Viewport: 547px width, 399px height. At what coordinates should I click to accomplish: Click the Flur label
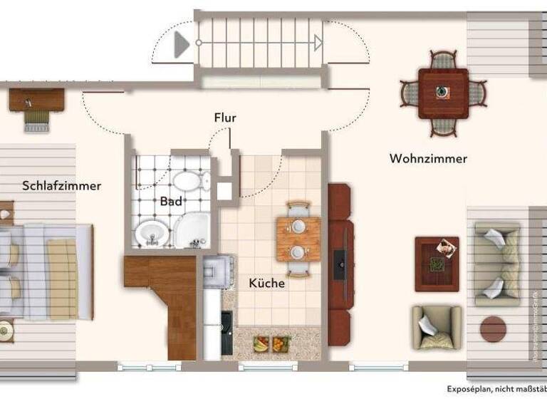click(225, 118)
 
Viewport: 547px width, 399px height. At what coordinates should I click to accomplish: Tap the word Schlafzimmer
click(61, 186)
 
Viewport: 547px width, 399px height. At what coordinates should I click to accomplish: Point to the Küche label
click(267, 283)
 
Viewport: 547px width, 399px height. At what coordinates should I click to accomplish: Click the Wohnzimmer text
click(428, 159)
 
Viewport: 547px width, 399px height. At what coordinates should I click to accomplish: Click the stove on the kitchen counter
click(217, 270)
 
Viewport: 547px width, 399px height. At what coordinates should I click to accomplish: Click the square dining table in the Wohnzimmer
click(442, 93)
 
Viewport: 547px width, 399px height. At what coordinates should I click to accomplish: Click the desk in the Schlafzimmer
click(32, 100)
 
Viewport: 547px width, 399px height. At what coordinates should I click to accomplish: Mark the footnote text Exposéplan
click(471, 390)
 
